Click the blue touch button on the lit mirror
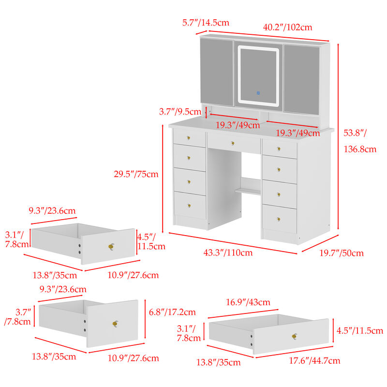tap(258, 92)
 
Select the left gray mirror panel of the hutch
tap(217, 72)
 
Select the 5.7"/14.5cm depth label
tap(206, 22)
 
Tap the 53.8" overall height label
tap(356, 133)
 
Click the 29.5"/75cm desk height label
tap(139, 174)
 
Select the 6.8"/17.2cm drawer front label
tap(172, 312)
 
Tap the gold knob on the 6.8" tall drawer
tap(116, 323)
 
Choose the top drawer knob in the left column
tap(189, 138)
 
